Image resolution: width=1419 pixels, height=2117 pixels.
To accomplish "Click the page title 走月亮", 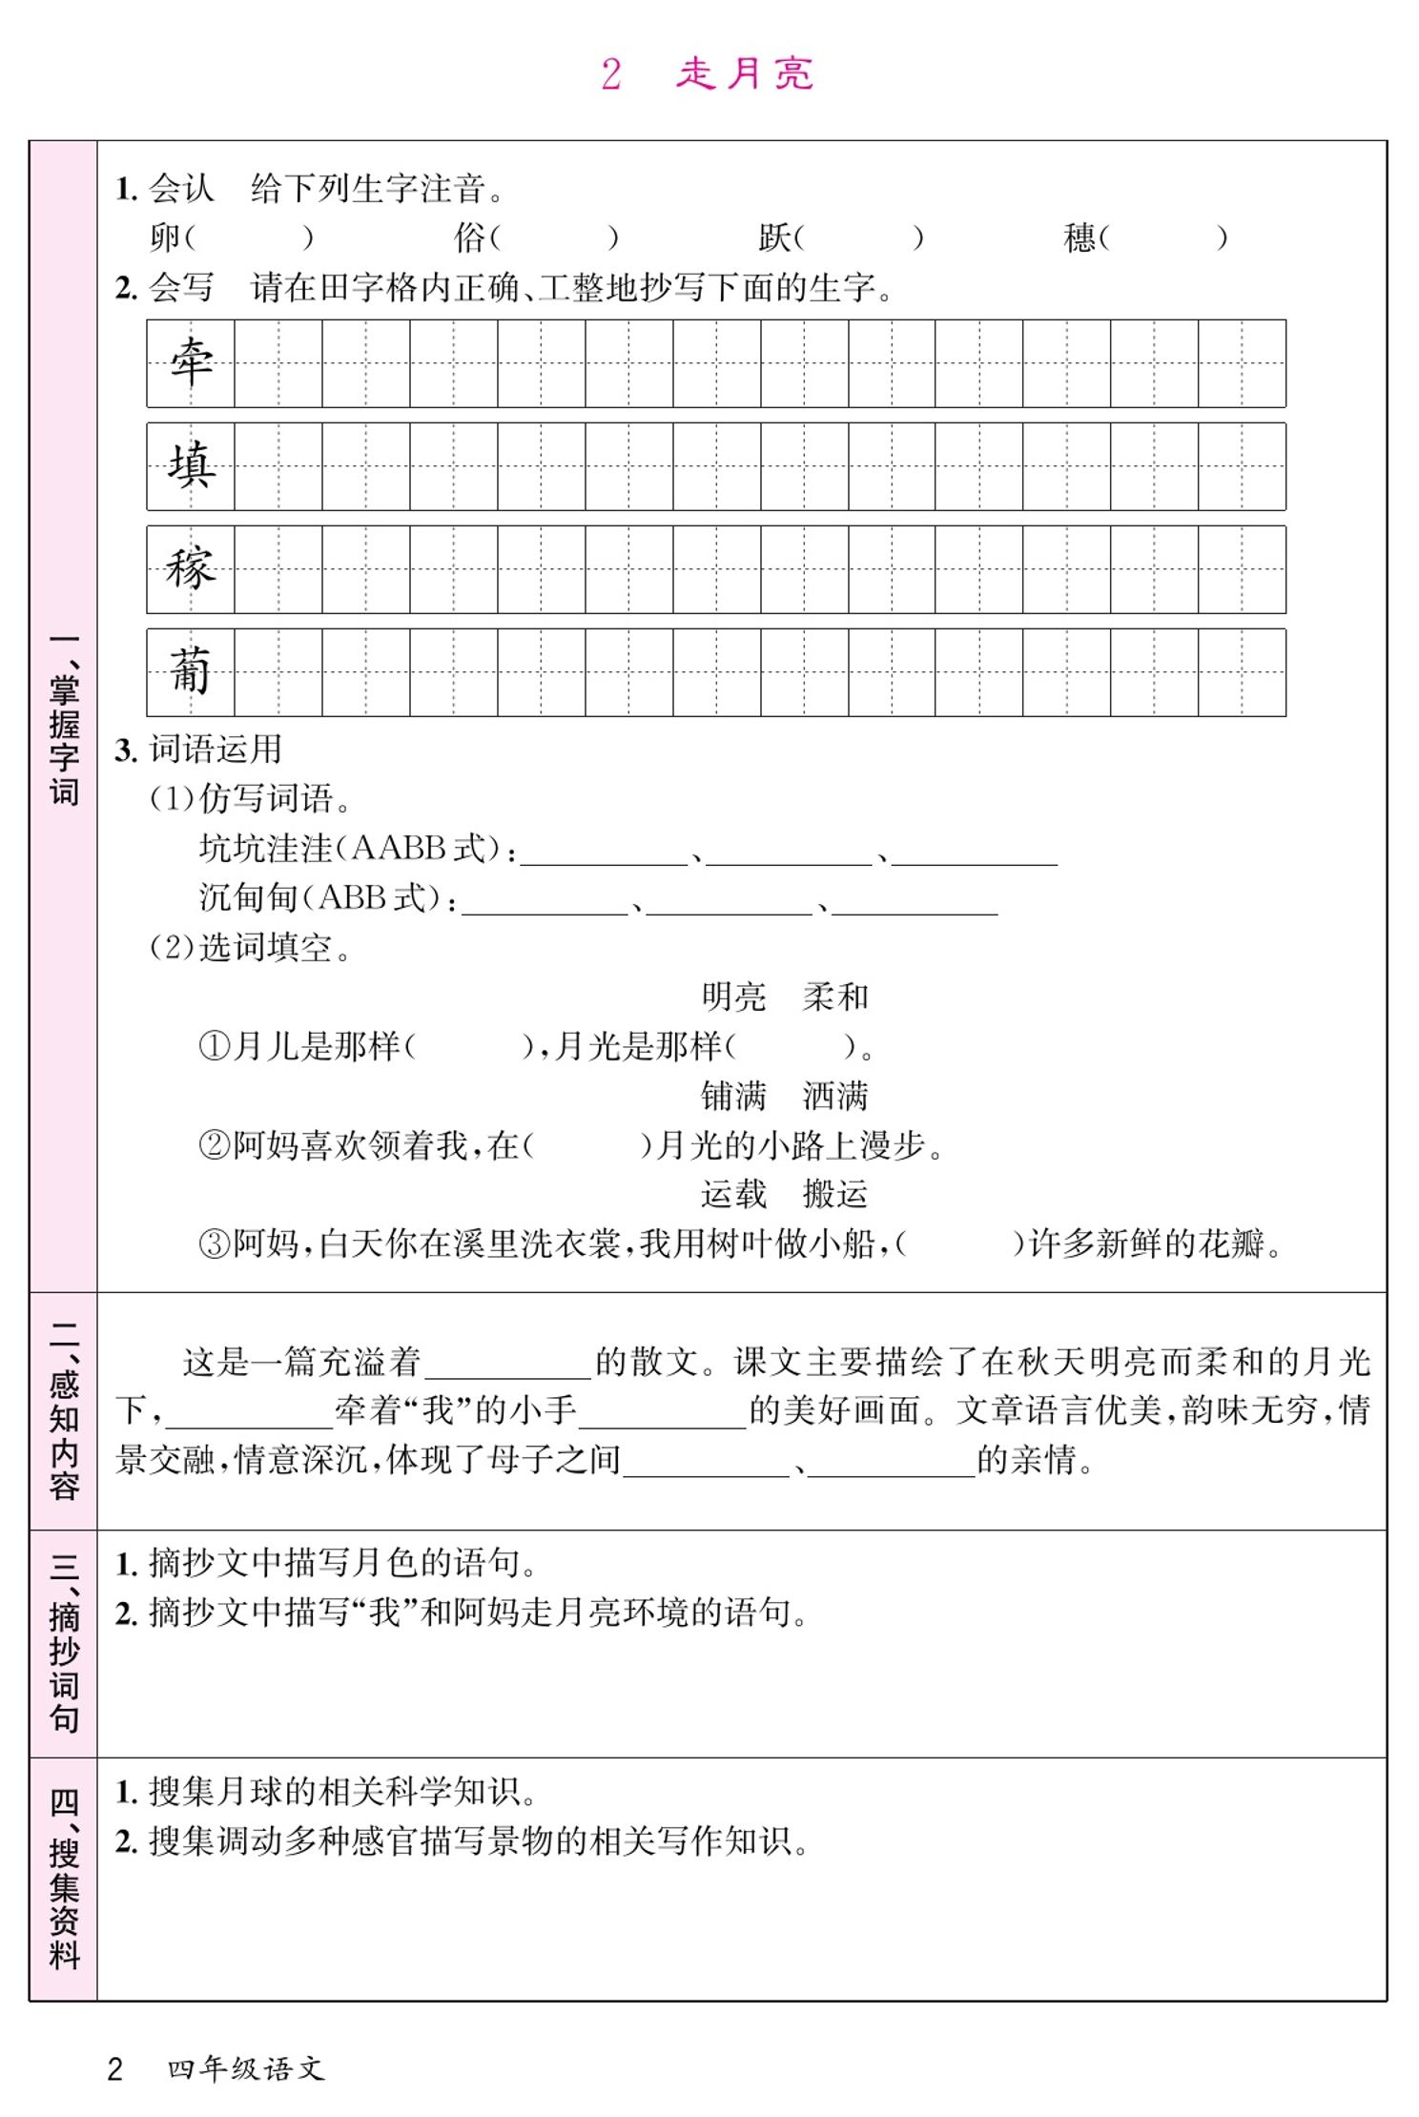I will [744, 74].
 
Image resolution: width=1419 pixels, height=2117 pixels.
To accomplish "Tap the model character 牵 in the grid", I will [191, 363].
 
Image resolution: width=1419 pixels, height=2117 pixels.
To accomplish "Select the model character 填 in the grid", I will [191, 466].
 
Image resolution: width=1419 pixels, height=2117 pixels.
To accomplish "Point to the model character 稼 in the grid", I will [191, 569].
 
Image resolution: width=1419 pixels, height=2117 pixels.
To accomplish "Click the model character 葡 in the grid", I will [191, 672].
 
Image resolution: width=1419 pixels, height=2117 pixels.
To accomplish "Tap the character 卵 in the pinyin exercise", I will [164, 237].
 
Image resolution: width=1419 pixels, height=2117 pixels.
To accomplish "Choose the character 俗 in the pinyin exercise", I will [470, 237].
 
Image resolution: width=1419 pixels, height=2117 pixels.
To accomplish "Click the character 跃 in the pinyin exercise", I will [774, 237].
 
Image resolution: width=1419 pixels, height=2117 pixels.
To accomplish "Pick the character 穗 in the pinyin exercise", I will [1080, 237].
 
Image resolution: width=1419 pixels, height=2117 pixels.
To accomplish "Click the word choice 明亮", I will [733, 997].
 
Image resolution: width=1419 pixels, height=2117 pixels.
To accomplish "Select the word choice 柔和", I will [835, 997].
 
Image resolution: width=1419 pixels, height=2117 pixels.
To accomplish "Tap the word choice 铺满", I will [733, 1097].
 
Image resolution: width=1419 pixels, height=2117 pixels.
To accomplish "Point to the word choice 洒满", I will [835, 1097].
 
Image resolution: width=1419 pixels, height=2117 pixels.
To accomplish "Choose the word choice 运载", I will [733, 1194].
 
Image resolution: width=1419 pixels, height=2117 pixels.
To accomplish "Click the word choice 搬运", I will [835, 1194].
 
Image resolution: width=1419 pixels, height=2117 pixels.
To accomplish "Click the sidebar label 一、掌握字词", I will [64, 720].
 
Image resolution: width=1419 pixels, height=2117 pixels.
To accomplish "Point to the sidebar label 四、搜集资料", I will [64, 1879].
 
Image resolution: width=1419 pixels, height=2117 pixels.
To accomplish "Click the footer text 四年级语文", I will [246, 2068].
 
